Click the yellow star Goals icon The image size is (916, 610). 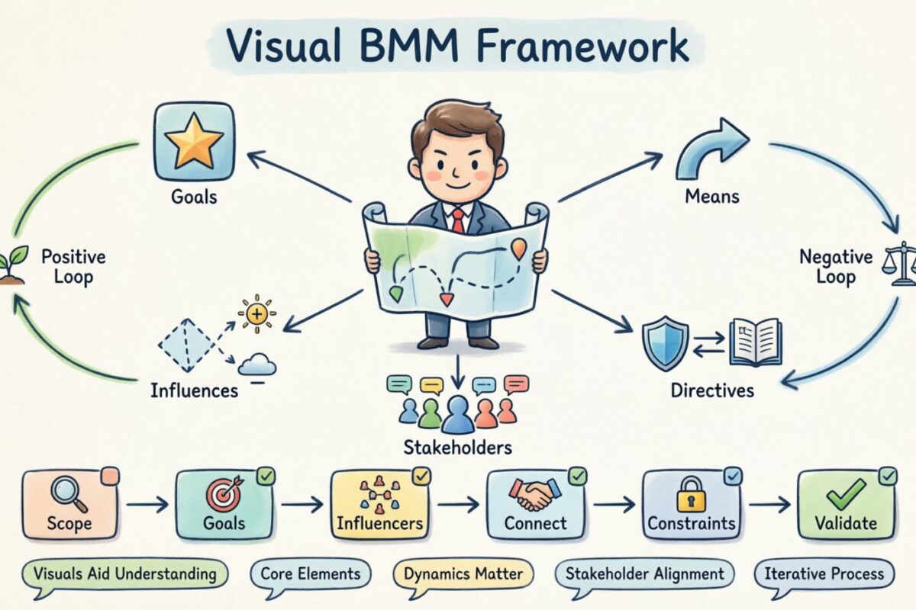coord(194,143)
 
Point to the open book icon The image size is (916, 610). coord(755,342)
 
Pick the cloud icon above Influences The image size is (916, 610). coord(256,365)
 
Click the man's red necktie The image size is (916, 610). coord(456,220)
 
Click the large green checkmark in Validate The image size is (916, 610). coord(845,494)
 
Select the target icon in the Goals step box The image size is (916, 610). coord(223,494)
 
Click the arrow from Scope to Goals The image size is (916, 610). coord(147,504)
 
